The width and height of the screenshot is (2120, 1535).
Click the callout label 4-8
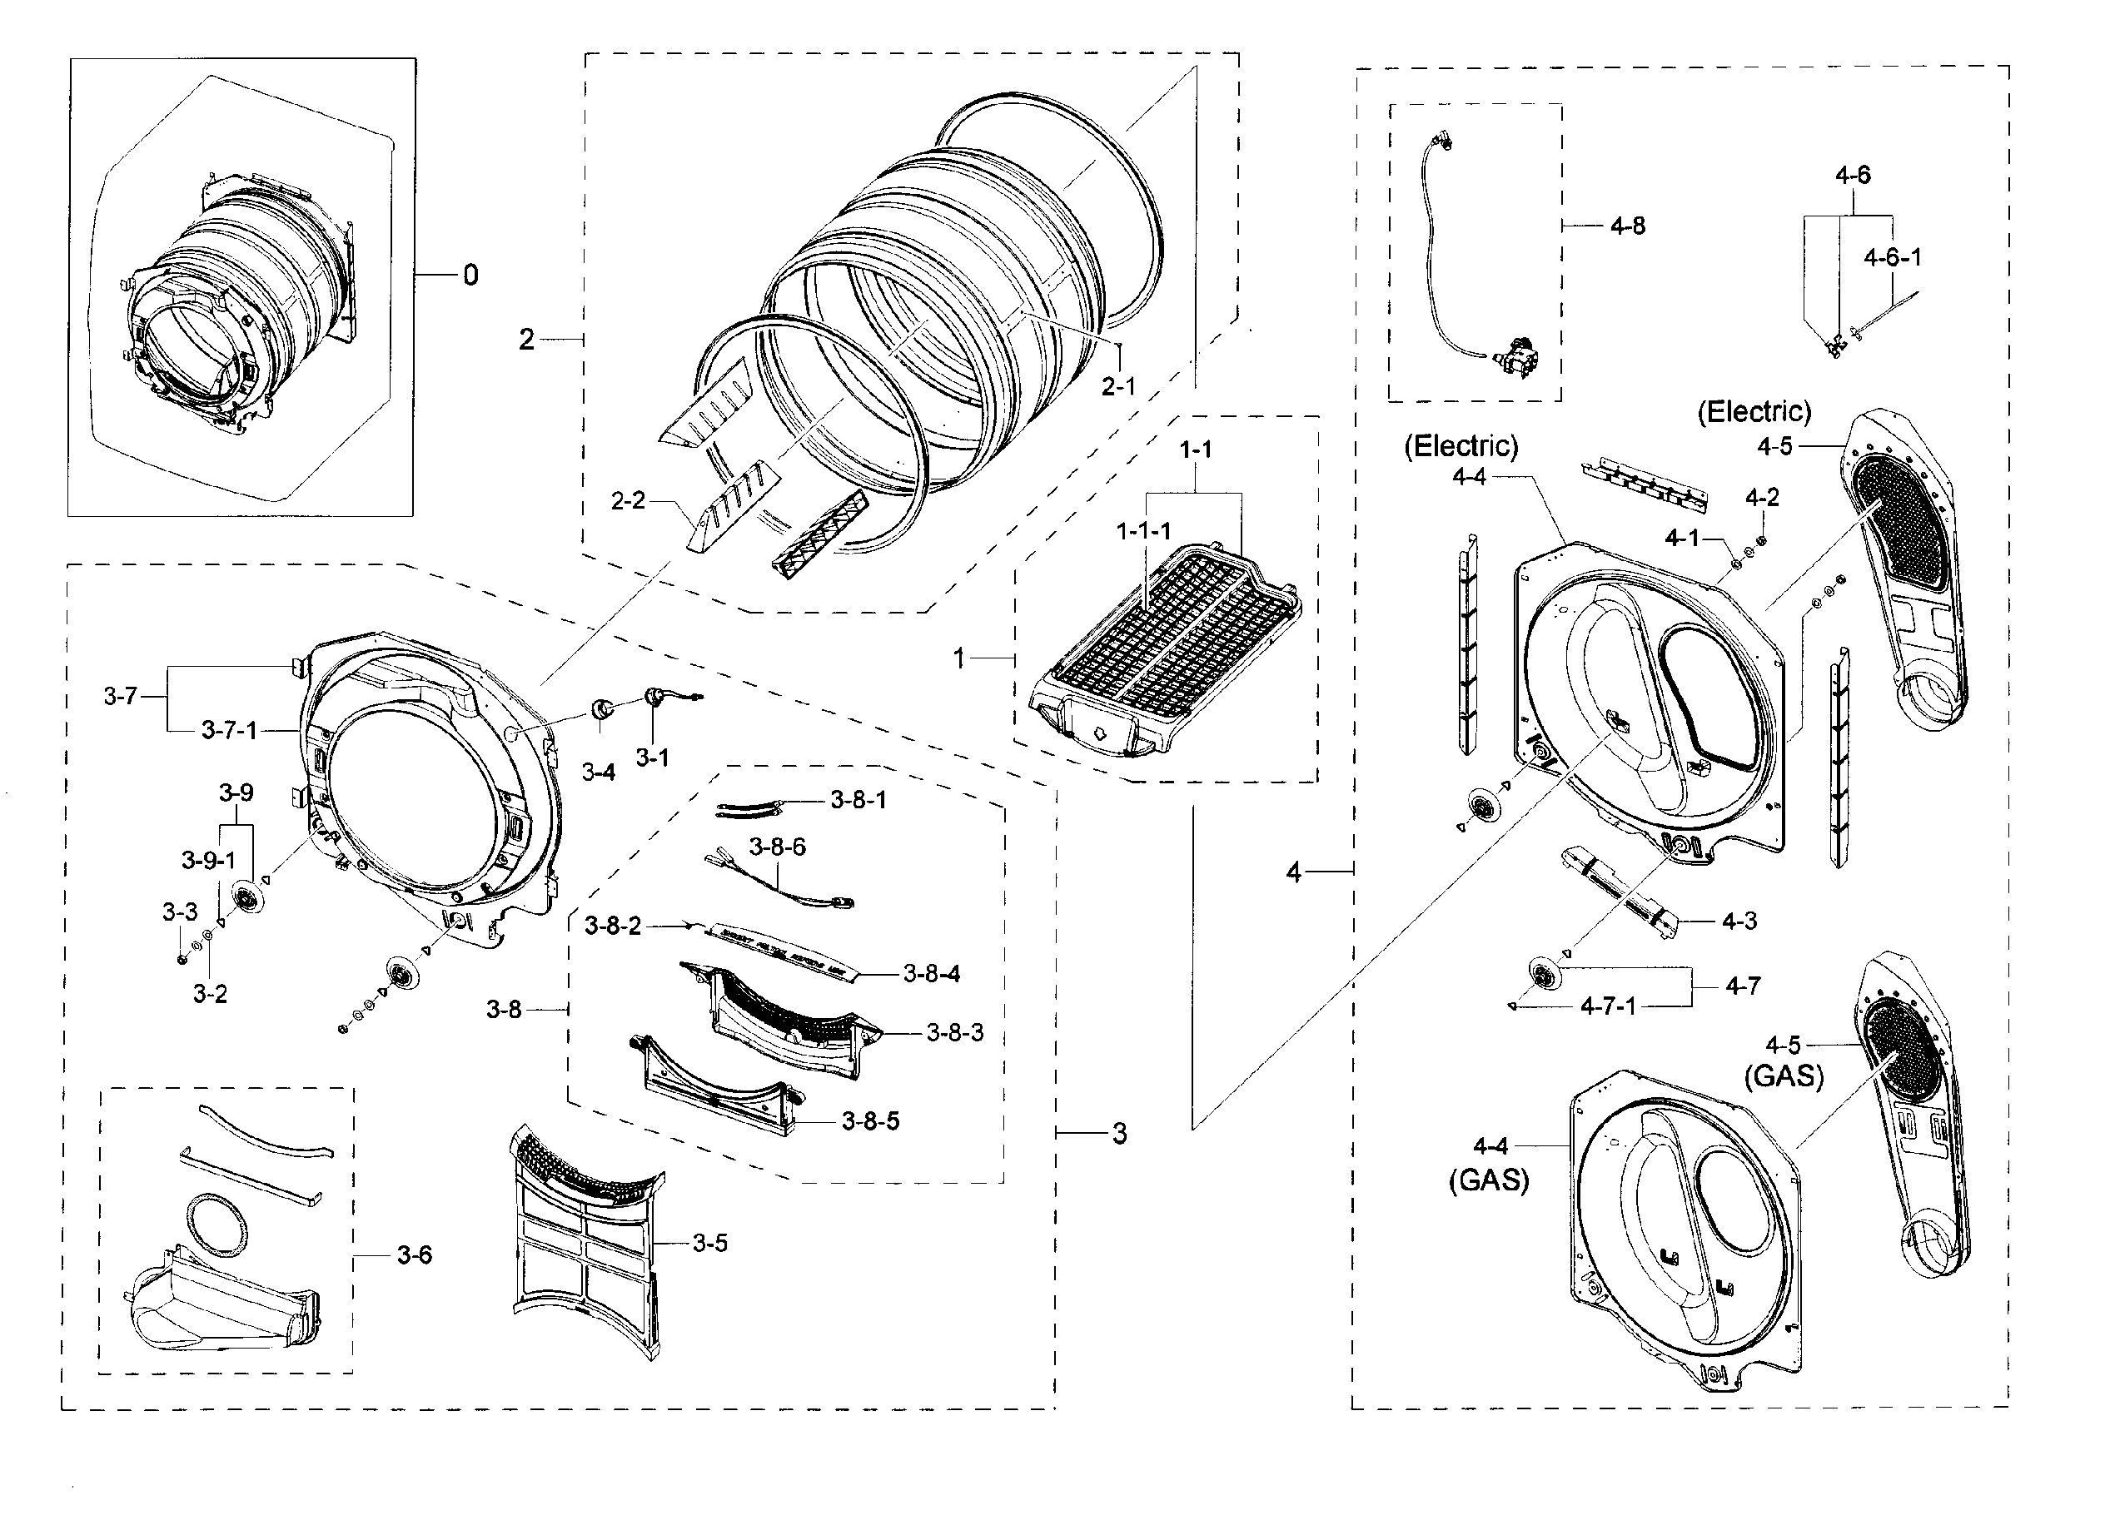pos(1627,226)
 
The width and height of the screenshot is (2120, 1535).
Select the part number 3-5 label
pos(709,1243)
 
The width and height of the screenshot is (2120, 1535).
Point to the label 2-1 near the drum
pos(1118,386)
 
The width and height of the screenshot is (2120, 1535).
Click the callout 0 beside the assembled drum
pos(470,275)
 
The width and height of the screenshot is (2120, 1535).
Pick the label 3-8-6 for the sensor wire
pos(777,847)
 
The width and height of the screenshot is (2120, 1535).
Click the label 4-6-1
pos(1892,257)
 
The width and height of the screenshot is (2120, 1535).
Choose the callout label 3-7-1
pos(229,731)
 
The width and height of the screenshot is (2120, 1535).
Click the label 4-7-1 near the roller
pos(1608,1006)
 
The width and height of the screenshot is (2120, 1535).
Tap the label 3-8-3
pos(954,1032)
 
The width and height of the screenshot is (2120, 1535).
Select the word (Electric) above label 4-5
pos(1754,411)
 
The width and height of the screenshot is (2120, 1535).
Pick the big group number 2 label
pos(526,339)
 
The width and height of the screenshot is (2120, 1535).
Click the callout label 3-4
pos(598,772)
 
